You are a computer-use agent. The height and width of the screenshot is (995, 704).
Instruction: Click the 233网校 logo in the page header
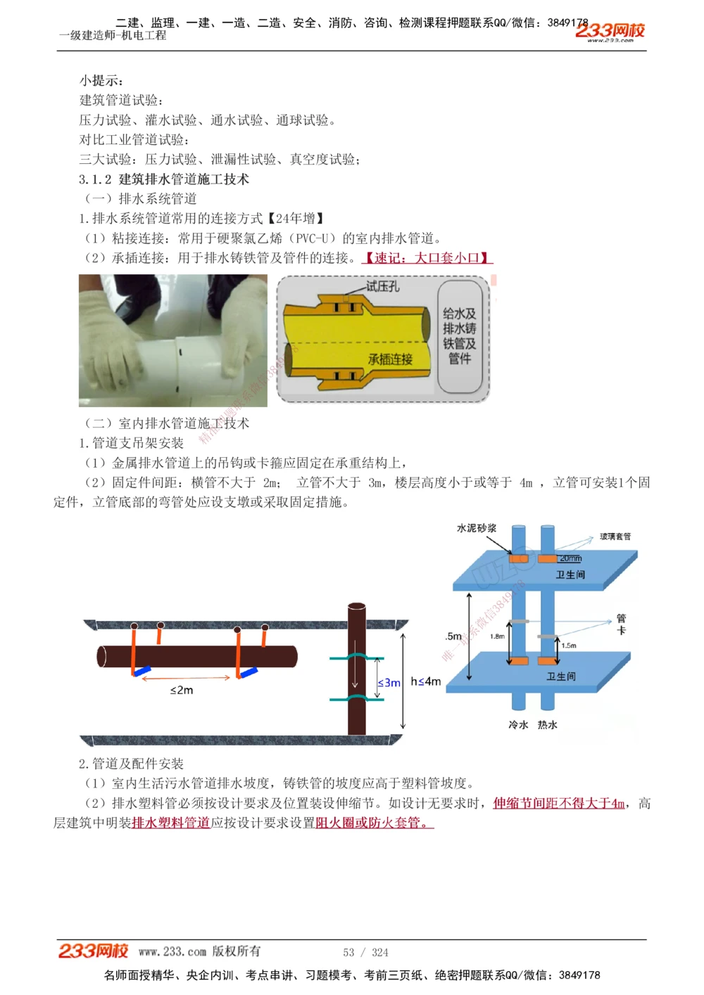610,31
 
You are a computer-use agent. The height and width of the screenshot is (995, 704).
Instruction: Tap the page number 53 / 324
365,952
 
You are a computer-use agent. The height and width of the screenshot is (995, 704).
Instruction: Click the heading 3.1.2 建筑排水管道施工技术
164,179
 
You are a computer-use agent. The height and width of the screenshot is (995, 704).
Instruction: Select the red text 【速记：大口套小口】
427,258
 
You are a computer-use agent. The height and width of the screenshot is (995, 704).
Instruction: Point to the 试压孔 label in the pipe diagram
382,286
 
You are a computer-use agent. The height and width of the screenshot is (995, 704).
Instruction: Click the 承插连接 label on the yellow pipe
390,359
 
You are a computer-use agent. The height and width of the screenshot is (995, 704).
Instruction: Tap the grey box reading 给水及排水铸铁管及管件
459,336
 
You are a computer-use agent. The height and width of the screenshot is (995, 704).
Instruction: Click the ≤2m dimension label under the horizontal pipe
182,691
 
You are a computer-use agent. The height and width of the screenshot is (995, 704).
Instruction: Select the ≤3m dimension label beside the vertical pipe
389,683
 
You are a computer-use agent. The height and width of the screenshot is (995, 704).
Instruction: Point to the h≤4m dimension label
425,681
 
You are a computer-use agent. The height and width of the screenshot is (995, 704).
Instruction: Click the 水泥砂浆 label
477,528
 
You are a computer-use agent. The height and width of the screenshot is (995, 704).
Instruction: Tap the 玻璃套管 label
615,537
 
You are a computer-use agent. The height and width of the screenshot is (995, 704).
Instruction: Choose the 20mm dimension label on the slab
570,558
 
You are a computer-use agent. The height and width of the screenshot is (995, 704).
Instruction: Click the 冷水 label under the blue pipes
518,724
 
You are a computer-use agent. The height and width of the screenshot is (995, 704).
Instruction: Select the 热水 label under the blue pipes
548,724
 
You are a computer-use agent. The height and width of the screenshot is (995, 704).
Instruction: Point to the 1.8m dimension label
497,636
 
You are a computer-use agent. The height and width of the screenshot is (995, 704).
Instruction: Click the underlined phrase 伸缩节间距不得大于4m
559,803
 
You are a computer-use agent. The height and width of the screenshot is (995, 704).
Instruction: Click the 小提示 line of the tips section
101,81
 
